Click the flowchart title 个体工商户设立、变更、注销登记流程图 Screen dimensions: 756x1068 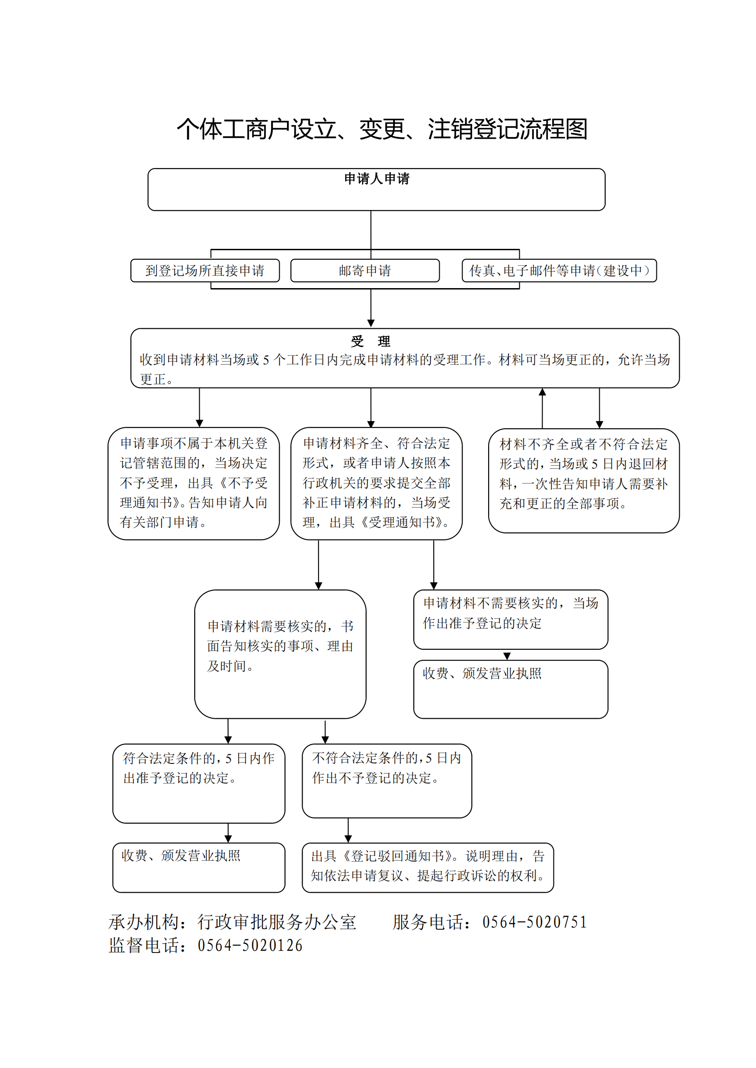pos(382,129)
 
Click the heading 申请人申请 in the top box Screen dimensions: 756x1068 pos(377,179)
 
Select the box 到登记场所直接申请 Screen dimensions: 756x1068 pos(205,270)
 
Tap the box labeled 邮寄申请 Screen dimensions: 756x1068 pos(365,270)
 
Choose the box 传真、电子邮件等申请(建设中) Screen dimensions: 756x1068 pos(559,270)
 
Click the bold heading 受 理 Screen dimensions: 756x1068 pos(371,341)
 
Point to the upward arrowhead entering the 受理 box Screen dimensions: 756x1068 pos(543,392)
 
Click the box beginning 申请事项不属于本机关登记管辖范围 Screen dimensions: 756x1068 pos(194,483)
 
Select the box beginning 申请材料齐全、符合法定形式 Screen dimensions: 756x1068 pos(377,483)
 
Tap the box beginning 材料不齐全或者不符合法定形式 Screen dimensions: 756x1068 pos(584,480)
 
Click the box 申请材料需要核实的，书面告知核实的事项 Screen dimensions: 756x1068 pos(280,654)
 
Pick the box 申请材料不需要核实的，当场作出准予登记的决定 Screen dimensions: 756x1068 pos(511,619)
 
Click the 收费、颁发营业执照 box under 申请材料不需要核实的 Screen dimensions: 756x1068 pos(511,689)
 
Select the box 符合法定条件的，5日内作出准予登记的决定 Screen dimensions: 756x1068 pos(199,784)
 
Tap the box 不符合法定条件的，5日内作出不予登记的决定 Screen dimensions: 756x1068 pos(387,780)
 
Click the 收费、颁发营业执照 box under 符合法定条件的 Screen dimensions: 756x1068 pos(199,868)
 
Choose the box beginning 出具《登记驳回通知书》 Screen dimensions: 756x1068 pos(428,868)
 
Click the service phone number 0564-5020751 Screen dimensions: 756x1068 pos(534,922)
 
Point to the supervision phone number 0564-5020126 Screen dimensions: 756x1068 pos(250,945)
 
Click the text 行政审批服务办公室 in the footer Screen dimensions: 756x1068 pos(277,922)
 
